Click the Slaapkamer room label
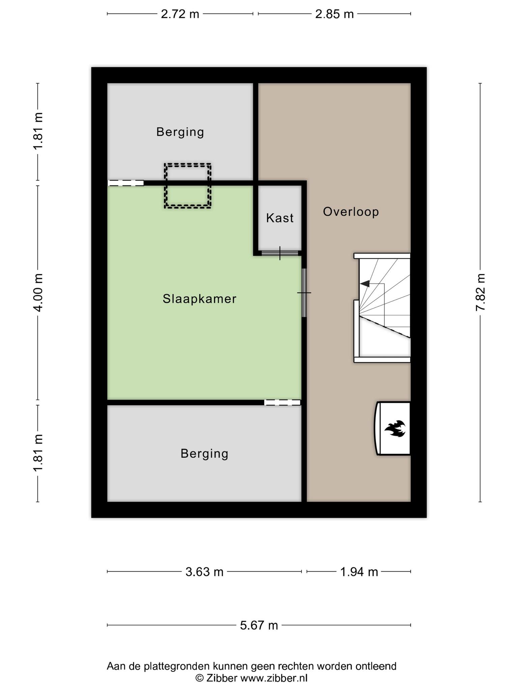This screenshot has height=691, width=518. (x=199, y=299)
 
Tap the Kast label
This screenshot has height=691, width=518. (x=280, y=218)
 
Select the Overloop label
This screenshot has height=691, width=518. (x=351, y=212)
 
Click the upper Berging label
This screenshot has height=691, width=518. (x=180, y=132)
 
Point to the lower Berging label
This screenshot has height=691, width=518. (x=204, y=453)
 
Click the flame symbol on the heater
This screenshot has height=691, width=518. (x=395, y=429)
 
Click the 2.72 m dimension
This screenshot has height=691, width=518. (x=180, y=14)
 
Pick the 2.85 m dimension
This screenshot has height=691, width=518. (x=335, y=14)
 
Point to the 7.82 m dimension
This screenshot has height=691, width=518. (x=480, y=293)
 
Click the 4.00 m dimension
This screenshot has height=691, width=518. (x=38, y=293)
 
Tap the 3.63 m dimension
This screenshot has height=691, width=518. (x=204, y=572)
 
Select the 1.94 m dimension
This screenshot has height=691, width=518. (x=359, y=572)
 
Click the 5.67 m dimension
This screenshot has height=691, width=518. (x=259, y=626)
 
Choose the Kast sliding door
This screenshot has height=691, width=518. (x=280, y=253)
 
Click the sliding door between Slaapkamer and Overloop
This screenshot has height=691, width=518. (x=304, y=293)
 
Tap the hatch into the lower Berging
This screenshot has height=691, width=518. (x=282, y=402)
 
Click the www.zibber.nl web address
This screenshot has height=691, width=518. (x=274, y=678)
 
